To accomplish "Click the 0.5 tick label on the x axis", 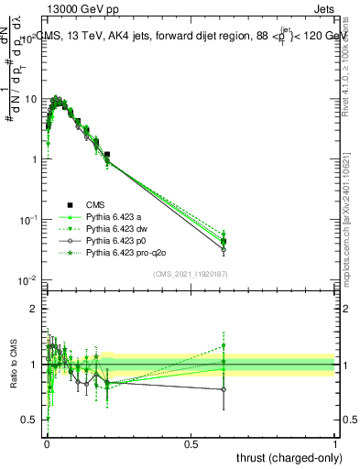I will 191,443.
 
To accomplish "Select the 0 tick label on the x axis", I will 47,443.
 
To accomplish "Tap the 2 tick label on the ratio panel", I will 34,309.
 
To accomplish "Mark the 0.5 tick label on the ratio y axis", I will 29,420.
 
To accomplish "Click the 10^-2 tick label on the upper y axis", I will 27,279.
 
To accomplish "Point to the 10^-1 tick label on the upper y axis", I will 27,219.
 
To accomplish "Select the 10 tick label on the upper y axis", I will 29,98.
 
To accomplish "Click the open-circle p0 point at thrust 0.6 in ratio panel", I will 224,389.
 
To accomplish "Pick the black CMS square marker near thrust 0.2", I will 107,155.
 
